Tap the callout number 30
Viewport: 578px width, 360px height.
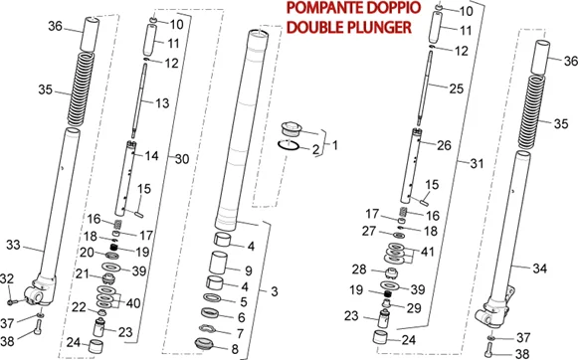(182, 159)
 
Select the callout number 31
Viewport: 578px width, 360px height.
(477, 163)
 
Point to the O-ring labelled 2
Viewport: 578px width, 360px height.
(288, 145)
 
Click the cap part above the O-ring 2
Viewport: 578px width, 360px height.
(291, 129)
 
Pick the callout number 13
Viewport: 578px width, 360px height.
(162, 103)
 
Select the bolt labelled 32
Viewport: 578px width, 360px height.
(12, 301)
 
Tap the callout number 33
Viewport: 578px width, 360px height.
(13, 245)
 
